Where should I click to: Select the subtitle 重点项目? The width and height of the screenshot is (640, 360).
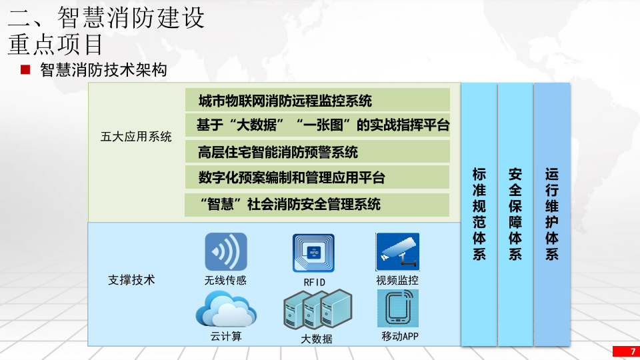tap(56, 44)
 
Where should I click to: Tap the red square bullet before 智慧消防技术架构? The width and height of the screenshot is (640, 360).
tap(26, 69)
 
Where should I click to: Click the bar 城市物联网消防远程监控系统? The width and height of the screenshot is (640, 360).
tap(317, 101)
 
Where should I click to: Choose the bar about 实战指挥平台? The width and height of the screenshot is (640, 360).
tap(317, 125)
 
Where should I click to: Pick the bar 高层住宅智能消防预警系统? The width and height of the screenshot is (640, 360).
tap(317, 152)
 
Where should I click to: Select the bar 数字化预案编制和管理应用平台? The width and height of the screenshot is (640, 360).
tap(317, 178)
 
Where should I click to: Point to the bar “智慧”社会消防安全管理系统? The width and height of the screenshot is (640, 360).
tap(317, 204)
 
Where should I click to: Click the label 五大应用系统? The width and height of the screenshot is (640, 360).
tap(136, 137)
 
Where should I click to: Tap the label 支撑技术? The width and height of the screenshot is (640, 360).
tap(131, 280)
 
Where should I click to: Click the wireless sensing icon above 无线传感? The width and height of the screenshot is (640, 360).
tap(225, 251)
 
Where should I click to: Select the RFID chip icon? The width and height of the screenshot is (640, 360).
tap(313, 253)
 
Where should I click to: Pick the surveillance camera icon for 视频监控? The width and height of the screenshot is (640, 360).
tap(397, 251)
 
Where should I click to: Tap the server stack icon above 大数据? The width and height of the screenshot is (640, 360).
tap(317, 309)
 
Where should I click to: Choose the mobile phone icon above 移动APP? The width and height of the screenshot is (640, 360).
tap(397, 308)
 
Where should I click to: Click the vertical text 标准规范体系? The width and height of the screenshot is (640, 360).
tap(479, 213)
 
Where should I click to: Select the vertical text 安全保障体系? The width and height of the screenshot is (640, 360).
tap(515, 213)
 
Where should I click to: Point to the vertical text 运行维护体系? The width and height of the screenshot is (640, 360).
tap(552, 213)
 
